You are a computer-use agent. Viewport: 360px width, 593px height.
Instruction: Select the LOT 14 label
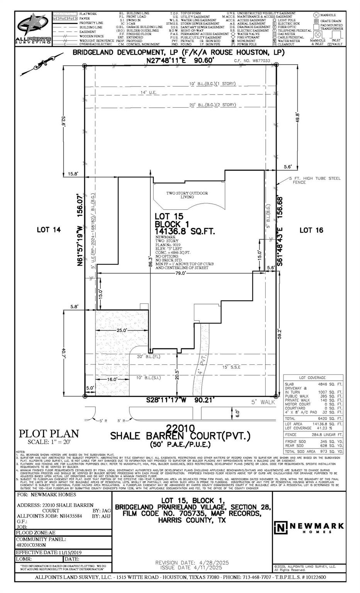tap(49, 230)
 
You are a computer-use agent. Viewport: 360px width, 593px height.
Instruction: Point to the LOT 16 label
tap(311, 230)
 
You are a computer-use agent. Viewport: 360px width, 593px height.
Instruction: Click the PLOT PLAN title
tap(49, 434)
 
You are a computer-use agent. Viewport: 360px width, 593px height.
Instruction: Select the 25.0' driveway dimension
tap(122, 330)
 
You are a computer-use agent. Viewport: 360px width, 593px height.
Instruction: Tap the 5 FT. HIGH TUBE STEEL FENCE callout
tap(315, 180)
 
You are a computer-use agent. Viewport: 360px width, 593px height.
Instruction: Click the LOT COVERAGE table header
tap(312, 377)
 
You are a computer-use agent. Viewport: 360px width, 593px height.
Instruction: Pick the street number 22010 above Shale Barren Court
tap(181, 428)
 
